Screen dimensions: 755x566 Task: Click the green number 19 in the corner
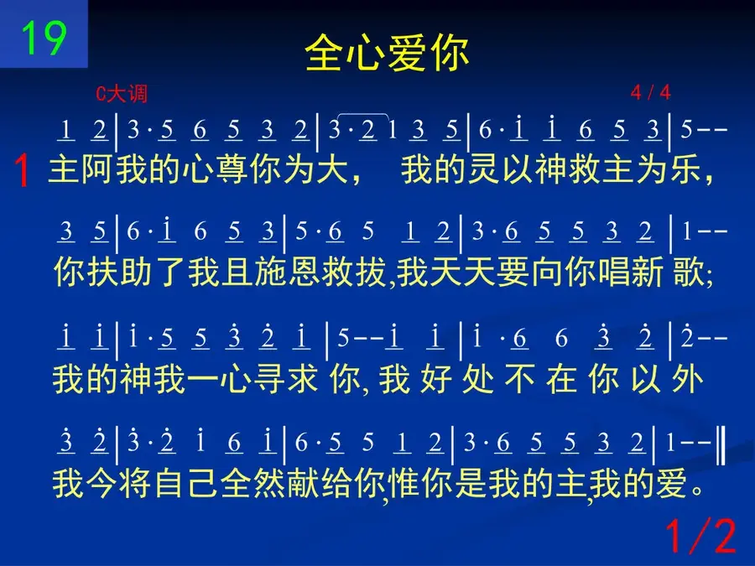point(44,38)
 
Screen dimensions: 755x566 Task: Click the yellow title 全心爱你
point(387,53)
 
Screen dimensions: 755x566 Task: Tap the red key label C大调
point(122,93)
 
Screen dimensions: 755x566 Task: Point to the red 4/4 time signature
point(650,92)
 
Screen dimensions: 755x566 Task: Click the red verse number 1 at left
point(22,170)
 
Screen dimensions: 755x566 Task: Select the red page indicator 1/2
point(701,535)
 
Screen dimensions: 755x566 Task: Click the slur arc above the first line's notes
point(363,115)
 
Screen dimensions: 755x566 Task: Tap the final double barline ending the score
point(721,445)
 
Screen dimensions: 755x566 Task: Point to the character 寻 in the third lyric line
point(268,379)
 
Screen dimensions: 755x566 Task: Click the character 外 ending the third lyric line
point(688,379)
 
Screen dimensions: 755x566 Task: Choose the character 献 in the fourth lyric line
point(305,484)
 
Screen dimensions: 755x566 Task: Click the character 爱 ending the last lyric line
point(671,484)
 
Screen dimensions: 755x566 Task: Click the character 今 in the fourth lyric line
point(102,484)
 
